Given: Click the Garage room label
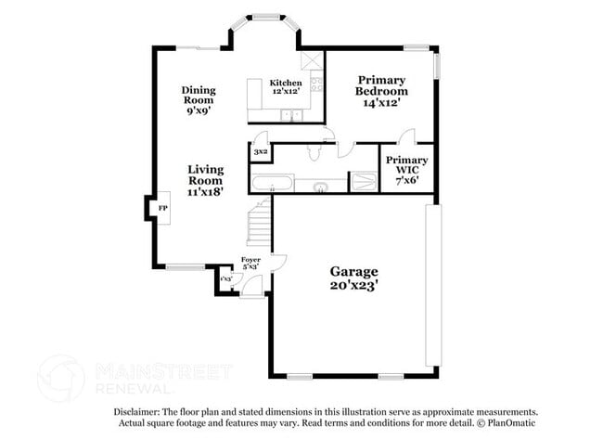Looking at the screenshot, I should click(x=354, y=272).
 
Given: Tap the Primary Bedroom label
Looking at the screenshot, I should click(x=381, y=85).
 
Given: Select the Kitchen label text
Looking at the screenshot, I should click(x=285, y=84).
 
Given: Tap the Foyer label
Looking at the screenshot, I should click(x=250, y=260).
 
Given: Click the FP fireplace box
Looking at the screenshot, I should click(x=162, y=208).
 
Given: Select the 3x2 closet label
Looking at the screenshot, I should click(x=261, y=150).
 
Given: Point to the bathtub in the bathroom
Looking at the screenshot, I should click(x=273, y=181).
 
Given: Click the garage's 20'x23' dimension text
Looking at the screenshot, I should click(x=354, y=286).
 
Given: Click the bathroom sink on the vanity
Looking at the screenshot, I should click(x=319, y=187).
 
